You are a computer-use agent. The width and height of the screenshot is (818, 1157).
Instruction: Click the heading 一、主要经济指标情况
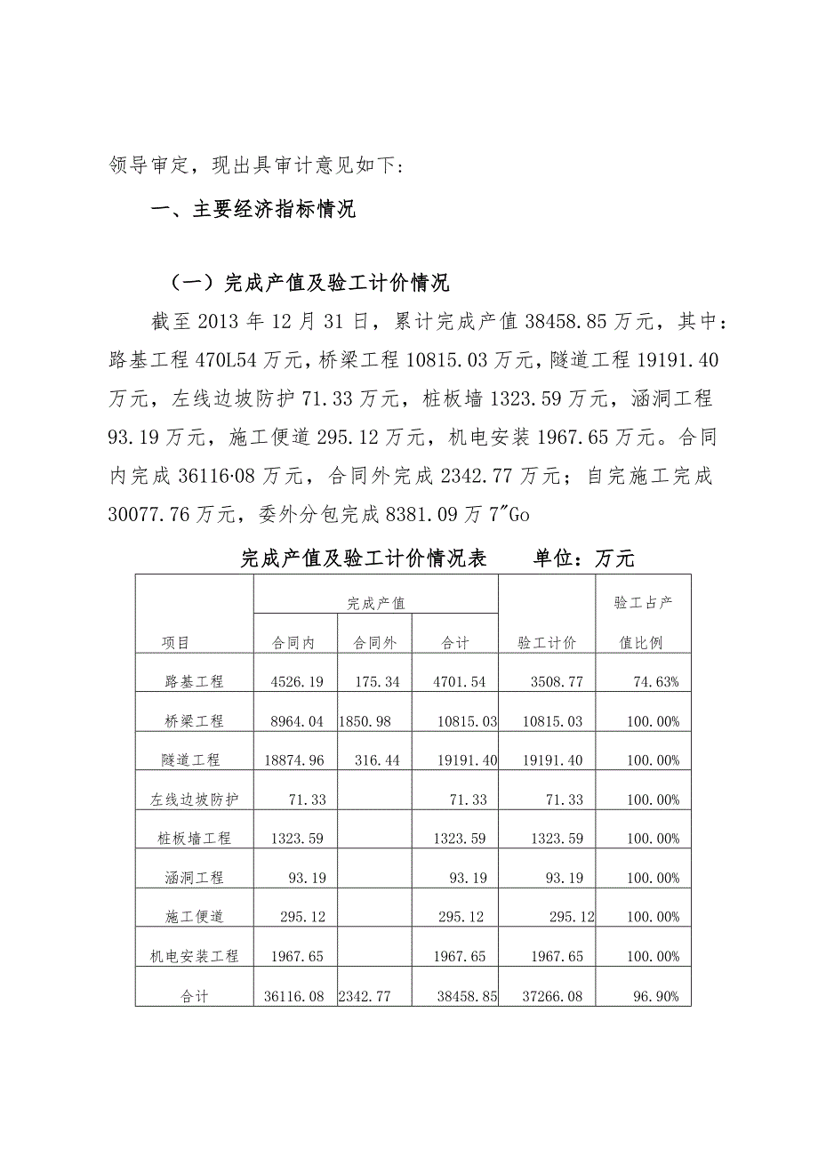point(254,210)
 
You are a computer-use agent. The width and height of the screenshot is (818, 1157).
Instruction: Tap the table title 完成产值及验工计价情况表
point(364,558)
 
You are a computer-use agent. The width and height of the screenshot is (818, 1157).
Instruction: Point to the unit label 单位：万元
point(584,558)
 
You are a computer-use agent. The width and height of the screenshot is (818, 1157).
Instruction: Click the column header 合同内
point(294,643)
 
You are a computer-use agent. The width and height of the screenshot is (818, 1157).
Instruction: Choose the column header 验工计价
point(547,643)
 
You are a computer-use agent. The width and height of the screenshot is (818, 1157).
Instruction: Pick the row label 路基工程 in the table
point(194,682)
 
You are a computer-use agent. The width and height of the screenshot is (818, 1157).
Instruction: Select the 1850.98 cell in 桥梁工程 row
point(373,721)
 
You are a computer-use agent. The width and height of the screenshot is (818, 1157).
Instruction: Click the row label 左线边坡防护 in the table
point(194,799)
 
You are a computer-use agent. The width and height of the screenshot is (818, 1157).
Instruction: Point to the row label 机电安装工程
point(194,957)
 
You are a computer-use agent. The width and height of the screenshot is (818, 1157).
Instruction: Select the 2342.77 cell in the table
point(373,997)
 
